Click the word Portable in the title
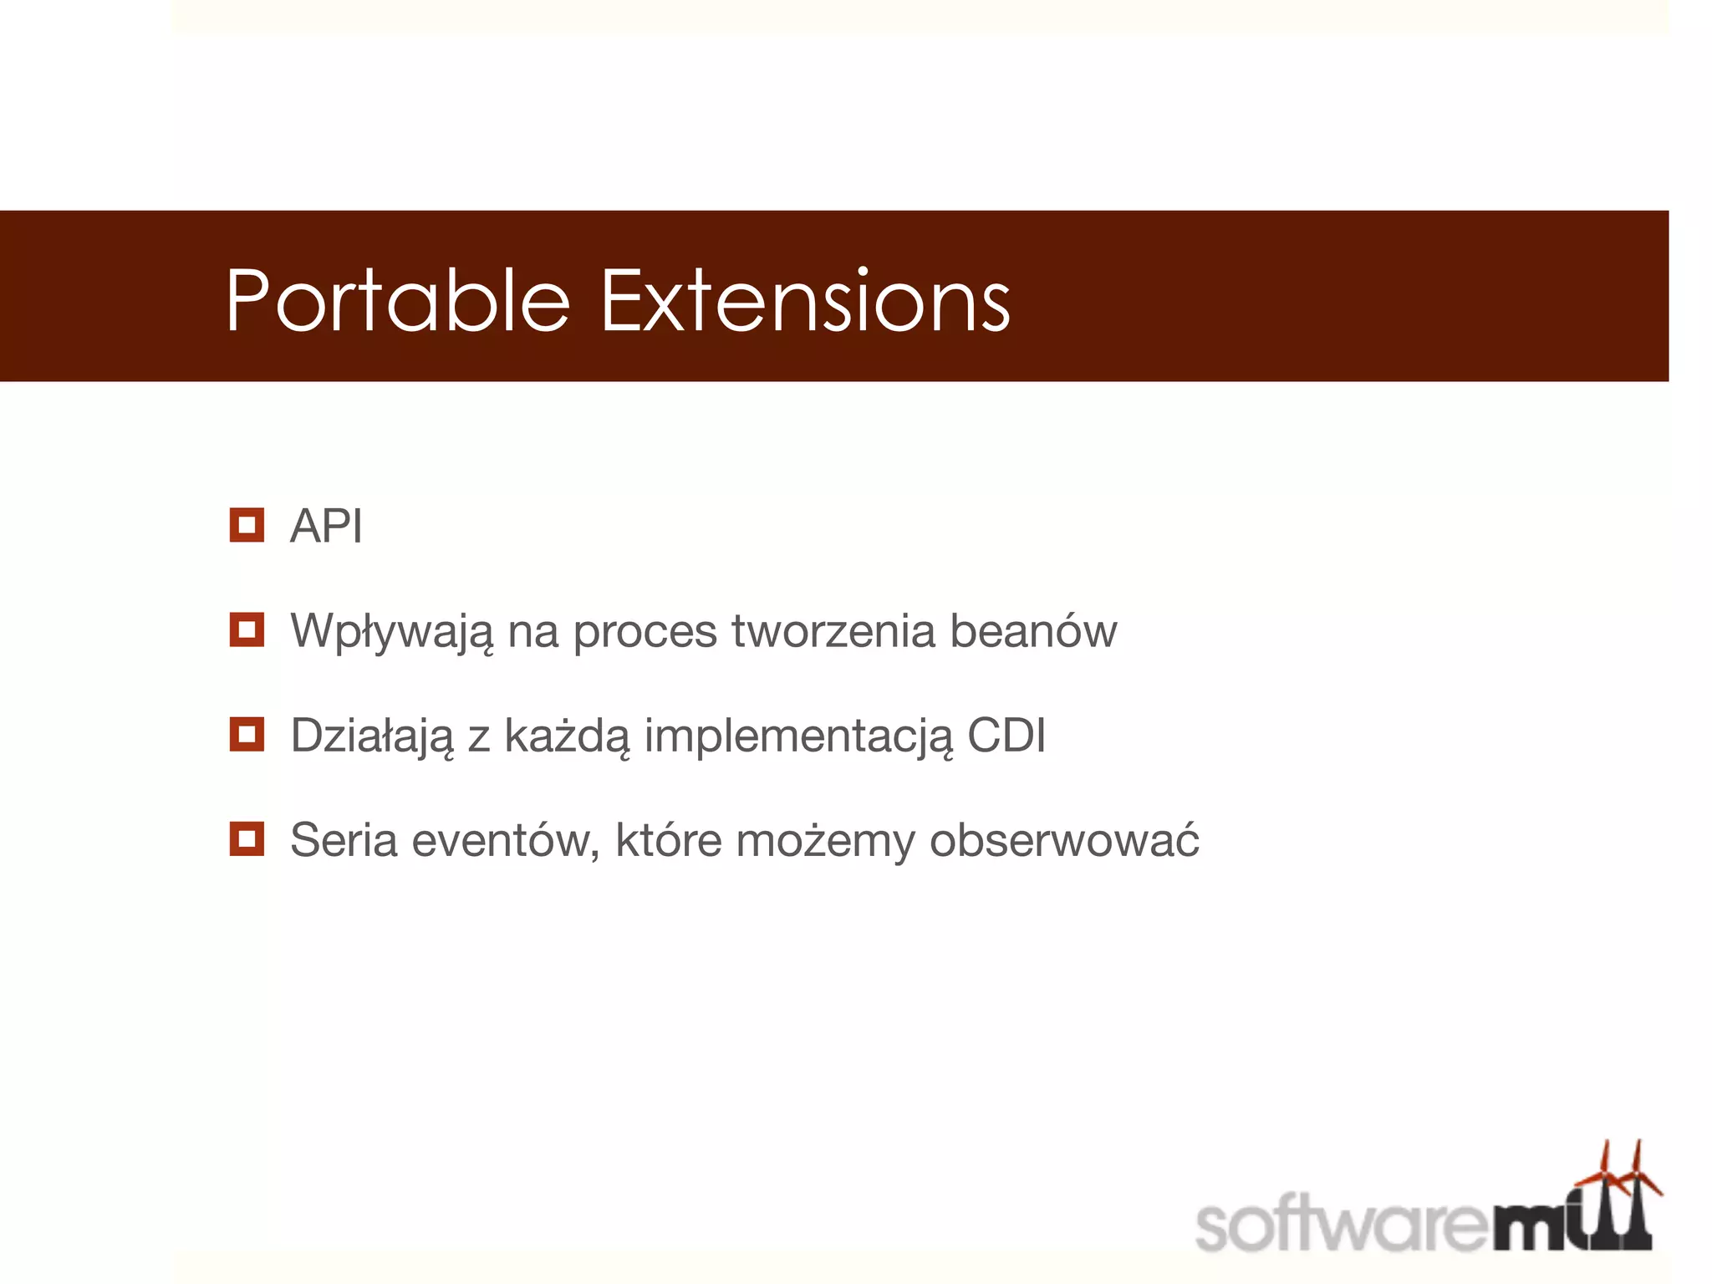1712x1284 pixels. point(398,301)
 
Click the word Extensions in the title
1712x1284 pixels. point(805,301)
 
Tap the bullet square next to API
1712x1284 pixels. point(247,525)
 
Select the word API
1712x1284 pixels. point(326,527)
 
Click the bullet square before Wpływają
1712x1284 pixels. point(247,629)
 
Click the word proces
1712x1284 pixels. point(645,631)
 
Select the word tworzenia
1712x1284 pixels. point(833,631)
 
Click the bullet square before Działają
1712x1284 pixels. point(247,734)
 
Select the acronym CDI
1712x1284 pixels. point(1006,736)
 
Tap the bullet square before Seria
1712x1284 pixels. point(247,838)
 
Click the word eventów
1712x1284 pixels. point(506,841)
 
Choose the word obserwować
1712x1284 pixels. point(1064,840)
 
